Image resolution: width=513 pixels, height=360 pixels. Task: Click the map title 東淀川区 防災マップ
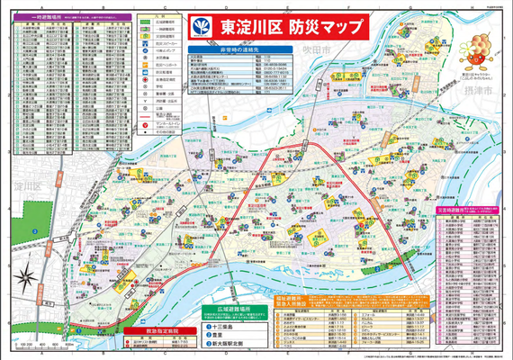click(x=275, y=26)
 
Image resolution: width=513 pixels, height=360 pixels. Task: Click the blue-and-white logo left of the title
click(x=201, y=26)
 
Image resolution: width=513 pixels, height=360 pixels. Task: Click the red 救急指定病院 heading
click(x=148, y=330)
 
